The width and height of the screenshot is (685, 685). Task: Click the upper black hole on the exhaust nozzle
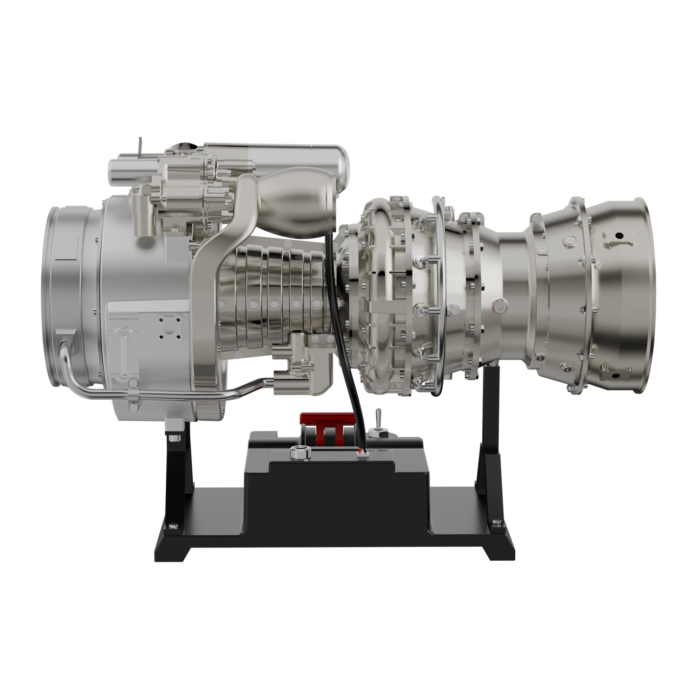click(619, 236)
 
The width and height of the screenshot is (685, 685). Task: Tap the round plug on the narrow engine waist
click(500, 304)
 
